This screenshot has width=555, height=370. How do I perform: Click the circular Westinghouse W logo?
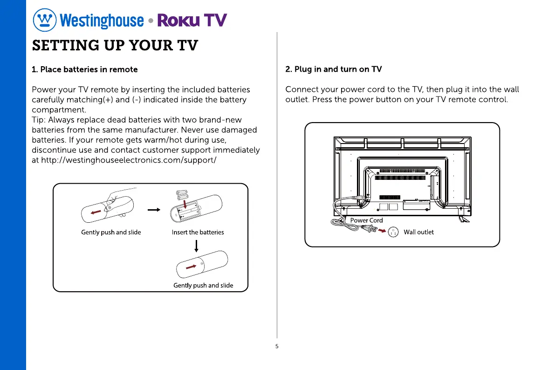[x=45, y=20]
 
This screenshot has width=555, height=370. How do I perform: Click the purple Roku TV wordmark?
[x=192, y=20]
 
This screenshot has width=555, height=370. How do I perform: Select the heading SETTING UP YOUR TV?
[x=115, y=45]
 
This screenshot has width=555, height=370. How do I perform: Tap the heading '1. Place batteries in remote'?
[x=85, y=69]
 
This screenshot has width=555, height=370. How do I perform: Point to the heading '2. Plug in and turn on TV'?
[x=334, y=69]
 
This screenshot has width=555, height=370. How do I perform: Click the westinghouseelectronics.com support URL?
[x=129, y=160]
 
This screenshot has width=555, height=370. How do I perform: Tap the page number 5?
[x=277, y=346]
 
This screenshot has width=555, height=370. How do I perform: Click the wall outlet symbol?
[x=393, y=232]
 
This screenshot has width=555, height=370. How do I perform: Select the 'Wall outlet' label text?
[x=419, y=232]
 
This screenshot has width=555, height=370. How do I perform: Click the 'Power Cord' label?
[x=366, y=220]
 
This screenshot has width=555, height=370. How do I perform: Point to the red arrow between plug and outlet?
[x=382, y=231]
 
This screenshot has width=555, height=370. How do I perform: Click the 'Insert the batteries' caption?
[x=198, y=232]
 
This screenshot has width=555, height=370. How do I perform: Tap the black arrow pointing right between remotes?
[x=154, y=210]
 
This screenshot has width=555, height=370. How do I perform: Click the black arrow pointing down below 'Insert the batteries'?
[x=197, y=246]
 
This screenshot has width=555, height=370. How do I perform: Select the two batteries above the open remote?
[x=182, y=195]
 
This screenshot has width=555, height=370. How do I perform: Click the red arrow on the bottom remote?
[x=191, y=267]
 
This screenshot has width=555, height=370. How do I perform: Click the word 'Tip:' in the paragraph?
[x=39, y=120]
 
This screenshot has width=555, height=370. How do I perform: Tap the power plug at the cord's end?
[x=369, y=228]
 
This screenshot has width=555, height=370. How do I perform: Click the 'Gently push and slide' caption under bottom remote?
[x=203, y=285]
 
